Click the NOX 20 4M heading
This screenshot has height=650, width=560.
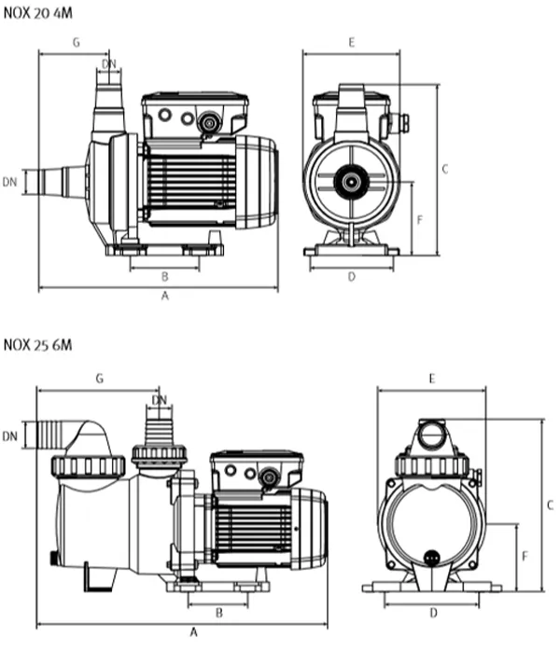[37, 13]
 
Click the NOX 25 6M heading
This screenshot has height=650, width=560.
[37, 344]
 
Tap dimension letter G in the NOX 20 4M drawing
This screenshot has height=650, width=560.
[77, 42]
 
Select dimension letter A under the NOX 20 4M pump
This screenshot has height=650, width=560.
[165, 296]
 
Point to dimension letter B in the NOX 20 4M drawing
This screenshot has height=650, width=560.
[164, 276]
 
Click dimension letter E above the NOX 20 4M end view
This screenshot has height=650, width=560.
[352, 42]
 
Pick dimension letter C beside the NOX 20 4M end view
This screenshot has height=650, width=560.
[445, 169]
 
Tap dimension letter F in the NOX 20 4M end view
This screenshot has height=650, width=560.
[419, 220]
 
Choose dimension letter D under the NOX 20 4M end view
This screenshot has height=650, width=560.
[352, 276]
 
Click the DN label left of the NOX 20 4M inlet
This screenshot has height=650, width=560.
[10, 182]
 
